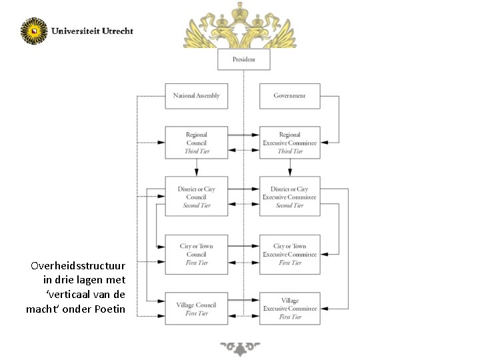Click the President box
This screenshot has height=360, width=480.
(244, 60)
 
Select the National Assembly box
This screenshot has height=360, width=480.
(196, 96)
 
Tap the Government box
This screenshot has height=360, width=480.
(289, 96)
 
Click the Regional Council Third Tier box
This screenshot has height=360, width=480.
(196, 143)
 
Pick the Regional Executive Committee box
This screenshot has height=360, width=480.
(289, 143)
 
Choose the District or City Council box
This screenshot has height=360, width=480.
(196, 197)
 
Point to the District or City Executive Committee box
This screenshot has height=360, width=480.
(289, 197)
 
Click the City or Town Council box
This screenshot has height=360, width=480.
(196, 254)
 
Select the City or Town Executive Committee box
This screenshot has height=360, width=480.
(289, 254)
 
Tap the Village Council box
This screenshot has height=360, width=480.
(196, 309)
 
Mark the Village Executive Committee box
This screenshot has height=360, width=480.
(289, 309)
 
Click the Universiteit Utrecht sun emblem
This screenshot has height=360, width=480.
(34, 31)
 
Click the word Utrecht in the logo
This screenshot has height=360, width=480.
(117, 31)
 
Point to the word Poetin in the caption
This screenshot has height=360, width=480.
(110, 308)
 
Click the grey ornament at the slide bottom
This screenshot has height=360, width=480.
(240, 349)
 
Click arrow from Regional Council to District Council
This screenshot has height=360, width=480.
(196, 167)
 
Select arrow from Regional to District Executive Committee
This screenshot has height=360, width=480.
(289, 167)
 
